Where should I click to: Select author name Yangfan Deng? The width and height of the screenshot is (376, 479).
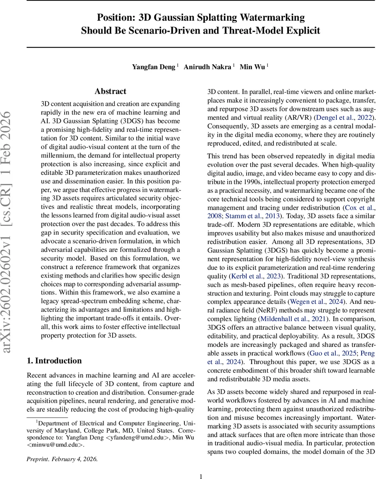click(x=154, y=67)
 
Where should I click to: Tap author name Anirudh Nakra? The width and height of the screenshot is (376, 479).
click(x=208, y=67)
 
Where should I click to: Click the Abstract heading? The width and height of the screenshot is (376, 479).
click(x=111, y=91)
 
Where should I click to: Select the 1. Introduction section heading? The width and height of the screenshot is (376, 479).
click(x=54, y=361)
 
